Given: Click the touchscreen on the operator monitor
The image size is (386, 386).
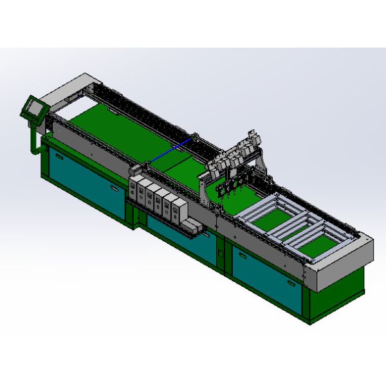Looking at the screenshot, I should click(32, 107).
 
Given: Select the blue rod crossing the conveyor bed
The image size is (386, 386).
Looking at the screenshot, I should click(170, 149).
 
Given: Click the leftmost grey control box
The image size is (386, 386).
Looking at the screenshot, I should click(135, 187).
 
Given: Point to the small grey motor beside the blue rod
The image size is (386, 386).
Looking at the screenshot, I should click(194, 136).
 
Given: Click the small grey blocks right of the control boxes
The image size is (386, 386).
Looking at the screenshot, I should click(192, 226).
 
